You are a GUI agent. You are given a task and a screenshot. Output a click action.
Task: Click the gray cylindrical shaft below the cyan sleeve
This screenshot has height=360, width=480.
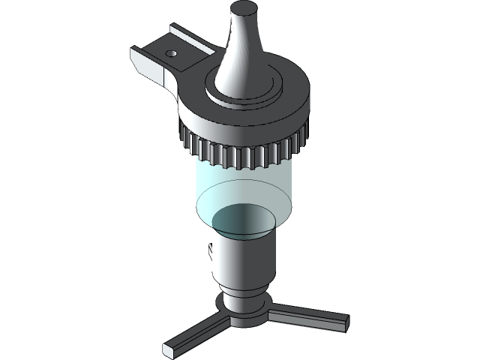coord(244,262)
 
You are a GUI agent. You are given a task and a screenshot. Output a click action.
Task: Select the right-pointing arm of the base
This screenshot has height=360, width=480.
coord(307,316)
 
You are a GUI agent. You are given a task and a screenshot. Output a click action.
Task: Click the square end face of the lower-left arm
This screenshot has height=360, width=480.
coord(170,349)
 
